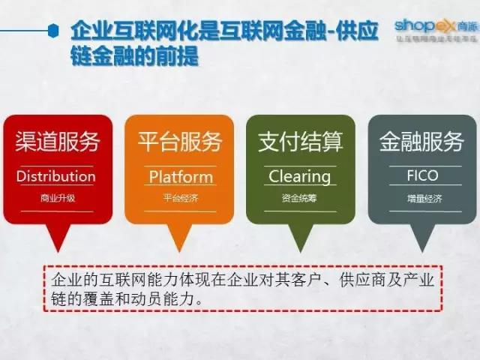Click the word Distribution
tap(56, 177)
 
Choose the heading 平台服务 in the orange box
tap(179, 142)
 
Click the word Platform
tap(180, 177)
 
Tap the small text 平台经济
tap(179, 199)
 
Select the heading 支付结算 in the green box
tap(300, 142)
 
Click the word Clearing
tap(300, 177)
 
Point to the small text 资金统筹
tap(300, 199)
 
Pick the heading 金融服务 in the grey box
tap(422, 142)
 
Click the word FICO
tap(422, 177)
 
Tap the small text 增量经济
tap(422, 199)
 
